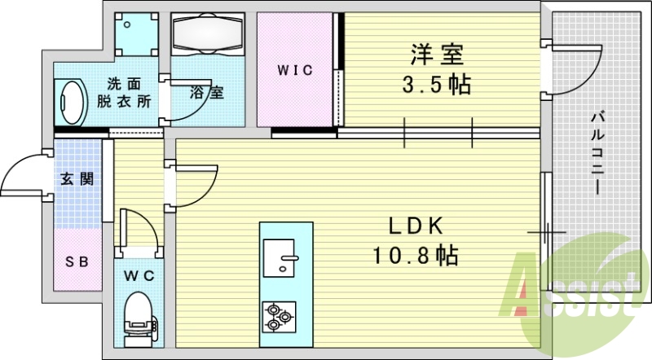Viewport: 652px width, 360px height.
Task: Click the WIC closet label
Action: tap(295, 70)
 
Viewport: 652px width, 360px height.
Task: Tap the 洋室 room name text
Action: tap(437, 55)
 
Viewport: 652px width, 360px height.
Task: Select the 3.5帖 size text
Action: tap(437, 85)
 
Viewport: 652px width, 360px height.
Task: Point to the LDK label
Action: tap(416, 226)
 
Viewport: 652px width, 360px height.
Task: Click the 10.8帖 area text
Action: tap(416, 255)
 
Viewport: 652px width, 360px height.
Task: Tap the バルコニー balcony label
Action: tap(598, 152)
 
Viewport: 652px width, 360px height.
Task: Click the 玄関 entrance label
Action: tap(77, 179)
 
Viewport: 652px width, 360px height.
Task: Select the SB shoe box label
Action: tap(77, 262)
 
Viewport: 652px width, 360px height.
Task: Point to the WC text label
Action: tap(139, 275)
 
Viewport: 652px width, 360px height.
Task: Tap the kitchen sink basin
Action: tap(280, 258)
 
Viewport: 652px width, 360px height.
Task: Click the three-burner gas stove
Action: tap(280, 317)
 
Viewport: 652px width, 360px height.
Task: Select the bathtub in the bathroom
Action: tap(208, 34)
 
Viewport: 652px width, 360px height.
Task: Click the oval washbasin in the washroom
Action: tap(71, 102)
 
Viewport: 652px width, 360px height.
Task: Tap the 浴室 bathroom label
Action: tap(207, 92)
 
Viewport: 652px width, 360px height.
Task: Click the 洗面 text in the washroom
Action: tap(125, 84)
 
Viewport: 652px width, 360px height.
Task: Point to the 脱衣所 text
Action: tap(125, 101)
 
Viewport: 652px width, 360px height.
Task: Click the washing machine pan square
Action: tap(137, 34)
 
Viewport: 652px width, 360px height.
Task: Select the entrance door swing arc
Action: tap(16, 166)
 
